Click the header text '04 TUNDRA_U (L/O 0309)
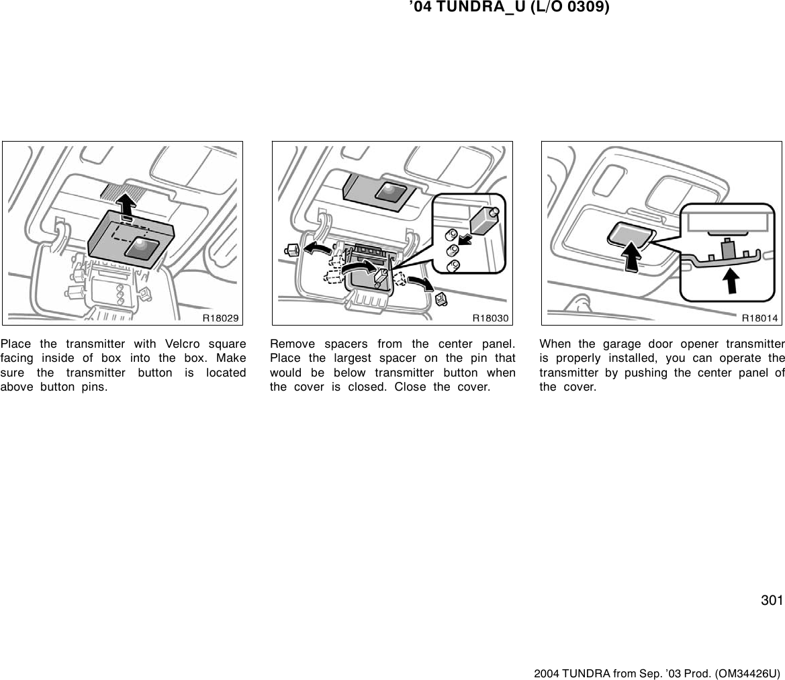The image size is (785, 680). [509, 8]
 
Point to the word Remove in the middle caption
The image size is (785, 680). [291, 344]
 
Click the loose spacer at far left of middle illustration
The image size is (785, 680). [291, 252]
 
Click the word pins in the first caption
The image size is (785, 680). [93, 388]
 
